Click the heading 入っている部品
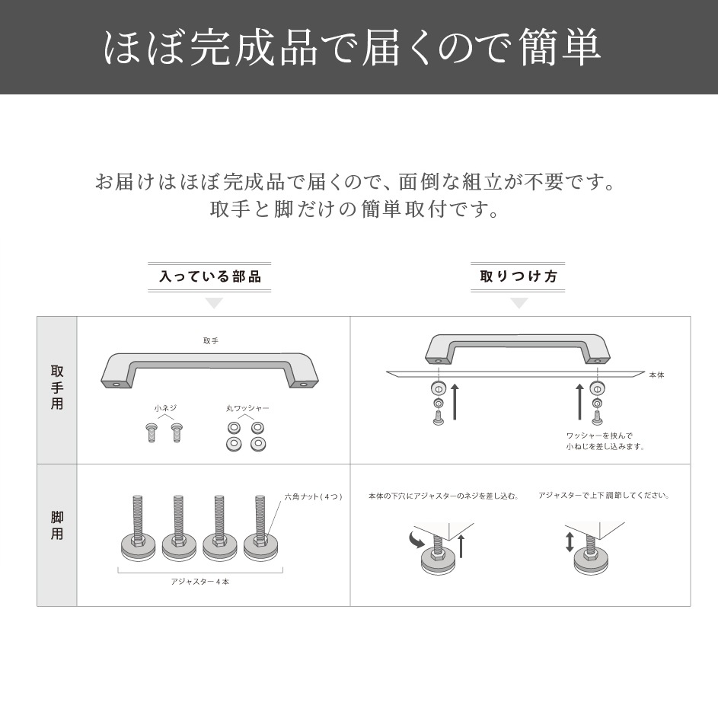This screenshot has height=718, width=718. coord(209,277)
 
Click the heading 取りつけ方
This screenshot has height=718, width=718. coord(519,277)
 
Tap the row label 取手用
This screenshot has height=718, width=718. coord(57,388)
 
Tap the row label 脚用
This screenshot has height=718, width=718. coord(57,525)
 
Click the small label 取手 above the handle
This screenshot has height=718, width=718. coord(211,341)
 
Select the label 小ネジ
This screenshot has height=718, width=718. coord(165,408)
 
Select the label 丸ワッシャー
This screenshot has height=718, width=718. coord(247,408)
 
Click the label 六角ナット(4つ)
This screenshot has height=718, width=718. coord(313,496)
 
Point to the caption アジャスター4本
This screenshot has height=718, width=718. coord(199,582)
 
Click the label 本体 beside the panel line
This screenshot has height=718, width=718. coord(656,375)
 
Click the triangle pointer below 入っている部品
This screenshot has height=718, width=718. coord(214,303)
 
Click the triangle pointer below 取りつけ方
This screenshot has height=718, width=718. coord(519,303)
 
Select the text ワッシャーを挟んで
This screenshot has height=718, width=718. coord(599,436)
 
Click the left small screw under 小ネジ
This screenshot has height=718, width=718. coord(152,433)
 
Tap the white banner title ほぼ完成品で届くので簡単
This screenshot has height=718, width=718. coord(352,47)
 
